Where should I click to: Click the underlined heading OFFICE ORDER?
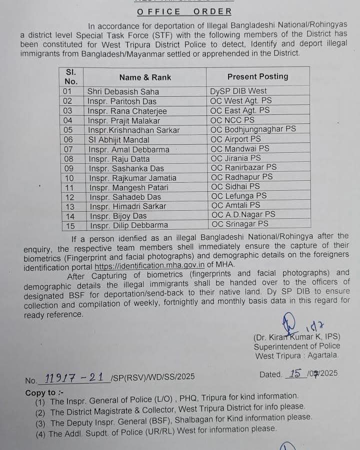coord(183,11)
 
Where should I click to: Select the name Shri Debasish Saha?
coord(123,91)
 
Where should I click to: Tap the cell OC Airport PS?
coord(235,139)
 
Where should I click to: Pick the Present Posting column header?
coord(257,76)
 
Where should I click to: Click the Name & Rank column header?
coord(145,77)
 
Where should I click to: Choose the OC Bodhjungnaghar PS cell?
coord(253,129)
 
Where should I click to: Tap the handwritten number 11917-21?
coord(75,378)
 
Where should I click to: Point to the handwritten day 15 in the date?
coord(295,374)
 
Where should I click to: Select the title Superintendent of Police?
coord(296,346)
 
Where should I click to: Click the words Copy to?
coord(40,393)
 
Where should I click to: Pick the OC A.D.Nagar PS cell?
coord(243,215)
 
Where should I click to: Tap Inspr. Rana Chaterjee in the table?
coord(127,111)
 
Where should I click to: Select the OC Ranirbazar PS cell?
coord(243,167)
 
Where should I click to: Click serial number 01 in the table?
coord(68,91)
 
